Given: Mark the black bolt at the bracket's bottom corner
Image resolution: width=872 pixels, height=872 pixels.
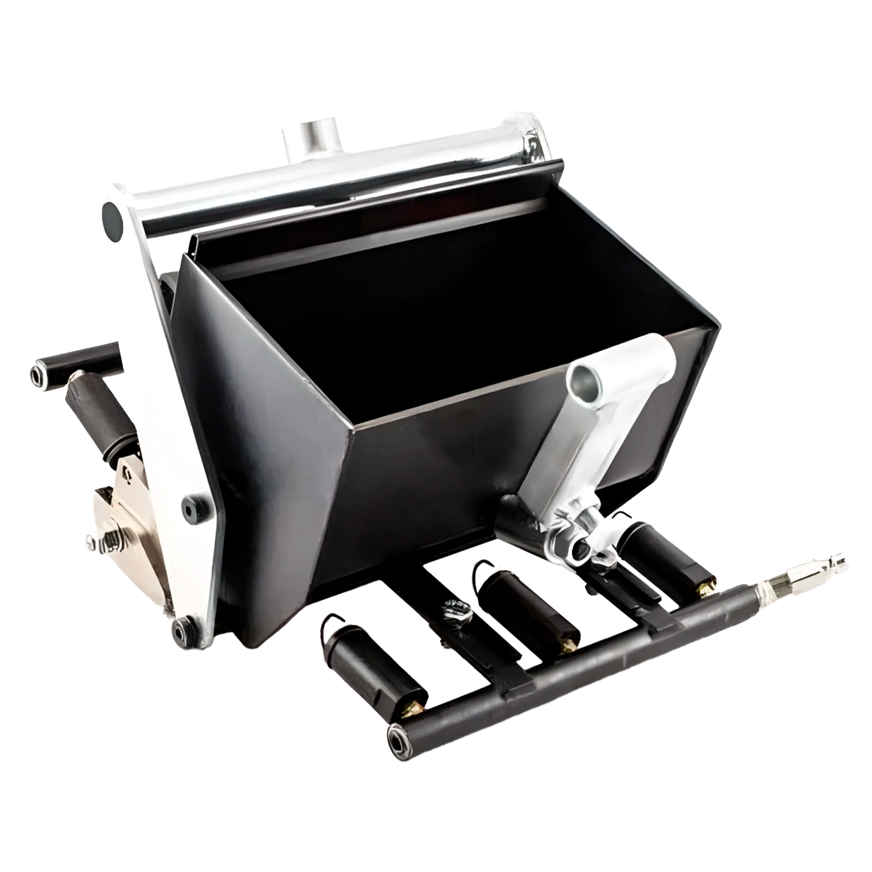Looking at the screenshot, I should pos(180,630).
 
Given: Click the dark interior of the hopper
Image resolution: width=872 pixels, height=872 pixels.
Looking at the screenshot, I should pos(422,314).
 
